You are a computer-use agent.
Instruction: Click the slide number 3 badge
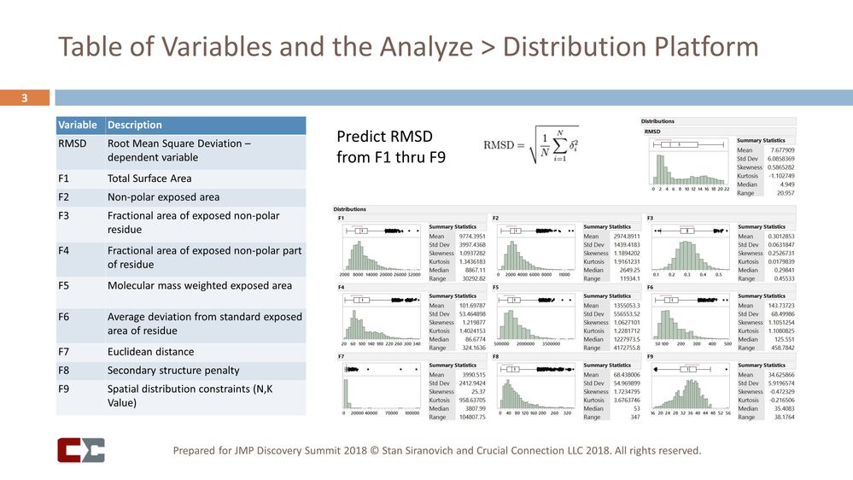tap(25, 98)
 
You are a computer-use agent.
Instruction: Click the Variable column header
tap(76, 125)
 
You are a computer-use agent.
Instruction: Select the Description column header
tap(134, 125)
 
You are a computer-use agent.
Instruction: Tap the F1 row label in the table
tap(65, 179)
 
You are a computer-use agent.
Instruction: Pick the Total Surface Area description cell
tap(149, 179)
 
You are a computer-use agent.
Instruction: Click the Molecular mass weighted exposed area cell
tap(199, 285)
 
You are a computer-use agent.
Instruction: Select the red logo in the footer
tap(81, 449)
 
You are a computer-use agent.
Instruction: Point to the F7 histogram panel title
tap(342, 355)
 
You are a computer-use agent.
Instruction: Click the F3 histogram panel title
tap(651, 217)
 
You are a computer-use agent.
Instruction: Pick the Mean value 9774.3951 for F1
tap(467, 236)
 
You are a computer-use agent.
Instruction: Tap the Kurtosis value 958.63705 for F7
tap(467, 399)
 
